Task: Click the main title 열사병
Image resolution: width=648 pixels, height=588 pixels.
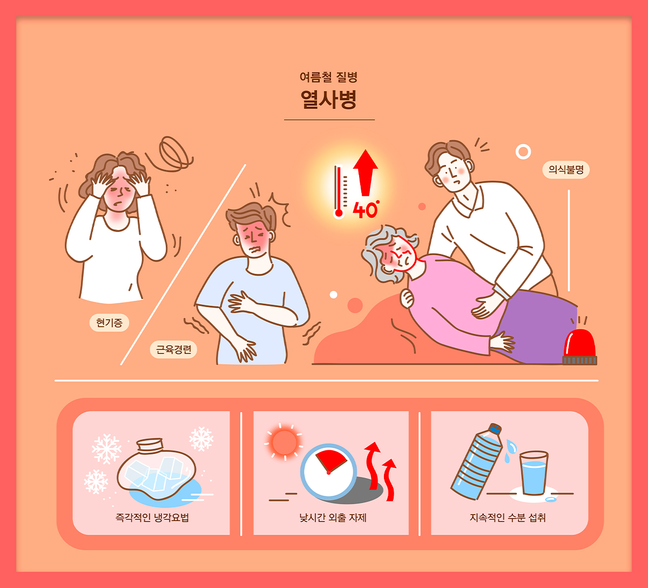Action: [328, 99]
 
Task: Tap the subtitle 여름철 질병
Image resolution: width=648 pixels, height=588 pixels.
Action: [328, 77]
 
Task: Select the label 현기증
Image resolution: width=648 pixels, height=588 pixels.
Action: [109, 322]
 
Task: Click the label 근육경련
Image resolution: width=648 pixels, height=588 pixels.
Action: [173, 349]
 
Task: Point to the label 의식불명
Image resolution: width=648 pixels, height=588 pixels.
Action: [566, 170]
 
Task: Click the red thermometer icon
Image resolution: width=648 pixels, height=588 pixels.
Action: [339, 192]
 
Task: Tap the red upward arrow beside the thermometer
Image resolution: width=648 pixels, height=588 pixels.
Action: [366, 173]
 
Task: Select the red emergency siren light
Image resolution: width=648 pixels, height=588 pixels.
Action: [579, 347]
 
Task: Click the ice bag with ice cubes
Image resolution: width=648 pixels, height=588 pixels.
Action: [157, 468]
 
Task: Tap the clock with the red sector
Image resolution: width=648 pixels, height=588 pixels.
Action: [328, 472]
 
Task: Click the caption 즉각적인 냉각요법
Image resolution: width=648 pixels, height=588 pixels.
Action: [152, 518]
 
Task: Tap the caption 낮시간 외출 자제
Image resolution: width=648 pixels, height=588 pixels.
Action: [333, 518]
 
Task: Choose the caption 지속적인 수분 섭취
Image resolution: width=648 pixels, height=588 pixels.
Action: [508, 518]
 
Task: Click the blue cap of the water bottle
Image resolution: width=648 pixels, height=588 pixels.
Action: [495, 429]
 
